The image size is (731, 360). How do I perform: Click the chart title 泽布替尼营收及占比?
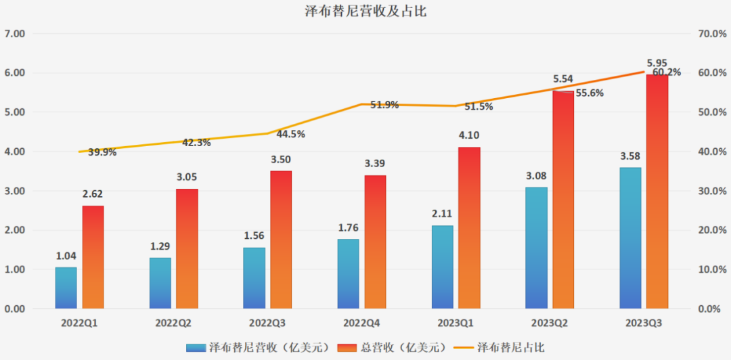click(365, 12)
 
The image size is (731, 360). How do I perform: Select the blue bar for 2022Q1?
click(66, 288)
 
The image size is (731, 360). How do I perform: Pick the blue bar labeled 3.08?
click(536, 248)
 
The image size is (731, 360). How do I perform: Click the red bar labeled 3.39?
click(376, 242)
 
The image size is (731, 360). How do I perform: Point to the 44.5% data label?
click(291, 134)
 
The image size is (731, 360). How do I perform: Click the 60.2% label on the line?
click(667, 72)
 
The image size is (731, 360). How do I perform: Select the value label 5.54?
click(563, 79)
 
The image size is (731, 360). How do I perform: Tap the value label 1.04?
click(66, 256)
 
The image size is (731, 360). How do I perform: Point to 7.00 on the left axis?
click(14, 33)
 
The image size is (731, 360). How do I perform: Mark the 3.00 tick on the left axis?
click(14, 191)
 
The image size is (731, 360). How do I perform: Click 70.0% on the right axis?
click(712, 33)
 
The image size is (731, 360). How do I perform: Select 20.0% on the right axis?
click(712, 230)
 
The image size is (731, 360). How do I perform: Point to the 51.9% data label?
click(384, 105)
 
